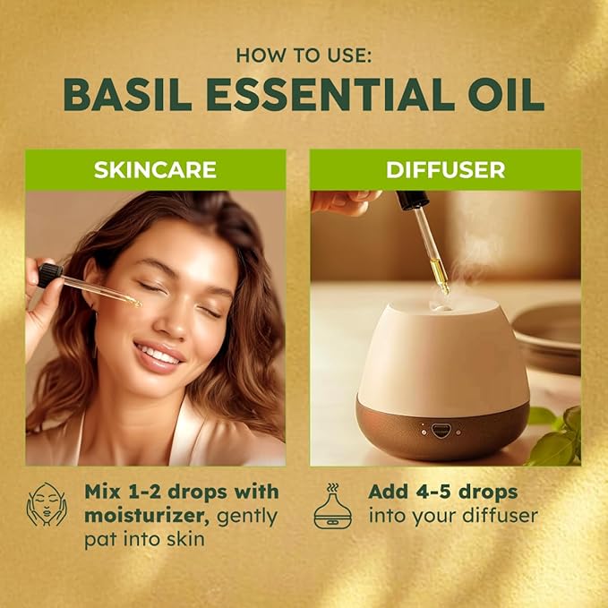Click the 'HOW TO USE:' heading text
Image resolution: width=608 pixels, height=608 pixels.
click(x=304, y=55)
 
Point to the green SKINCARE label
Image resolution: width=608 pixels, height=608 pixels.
click(x=156, y=170)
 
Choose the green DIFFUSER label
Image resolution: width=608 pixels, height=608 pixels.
click(x=445, y=170)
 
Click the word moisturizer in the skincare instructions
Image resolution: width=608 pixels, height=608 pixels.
click(x=144, y=516)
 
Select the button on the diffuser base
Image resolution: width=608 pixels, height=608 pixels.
click(x=440, y=430)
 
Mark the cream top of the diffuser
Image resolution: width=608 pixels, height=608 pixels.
click(x=439, y=349)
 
